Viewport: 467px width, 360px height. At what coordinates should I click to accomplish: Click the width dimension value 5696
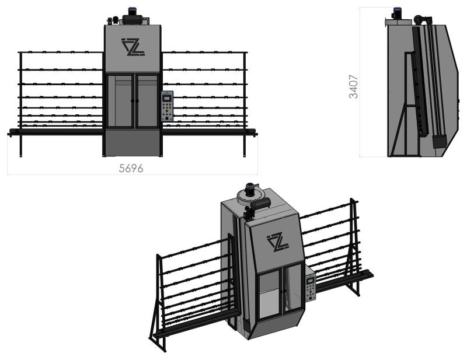click(131, 168)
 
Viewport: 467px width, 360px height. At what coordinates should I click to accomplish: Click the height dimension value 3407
click(354, 86)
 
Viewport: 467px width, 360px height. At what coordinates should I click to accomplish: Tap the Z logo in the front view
click(133, 47)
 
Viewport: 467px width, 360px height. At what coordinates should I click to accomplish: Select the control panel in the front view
click(167, 106)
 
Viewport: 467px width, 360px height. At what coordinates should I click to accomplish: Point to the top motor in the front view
click(132, 16)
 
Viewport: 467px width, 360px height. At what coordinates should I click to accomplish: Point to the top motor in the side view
click(397, 13)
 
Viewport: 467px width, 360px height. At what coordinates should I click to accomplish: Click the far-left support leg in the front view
click(20, 104)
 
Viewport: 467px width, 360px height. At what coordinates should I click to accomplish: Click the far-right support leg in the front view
click(245, 104)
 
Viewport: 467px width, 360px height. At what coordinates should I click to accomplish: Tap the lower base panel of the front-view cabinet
click(133, 142)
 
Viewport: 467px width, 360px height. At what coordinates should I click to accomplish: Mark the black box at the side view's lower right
click(440, 141)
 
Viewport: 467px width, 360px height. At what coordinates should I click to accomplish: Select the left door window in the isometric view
click(269, 295)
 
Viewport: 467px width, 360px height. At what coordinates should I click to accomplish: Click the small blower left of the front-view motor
click(112, 20)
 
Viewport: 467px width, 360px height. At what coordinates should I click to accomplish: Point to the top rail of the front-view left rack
click(61, 53)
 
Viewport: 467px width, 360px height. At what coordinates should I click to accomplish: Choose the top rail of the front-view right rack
click(205, 53)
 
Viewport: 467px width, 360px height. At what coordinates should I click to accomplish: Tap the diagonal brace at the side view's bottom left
click(398, 131)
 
